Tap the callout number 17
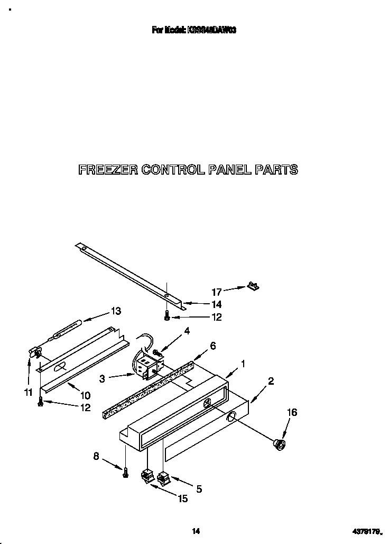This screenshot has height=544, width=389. point(217,291)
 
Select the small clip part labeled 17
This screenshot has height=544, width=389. point(253,286)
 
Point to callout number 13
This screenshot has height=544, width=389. point(115,311)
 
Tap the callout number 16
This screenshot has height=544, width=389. point(292,412)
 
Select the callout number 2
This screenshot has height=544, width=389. point(271,380)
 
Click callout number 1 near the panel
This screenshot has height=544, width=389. point(243,364)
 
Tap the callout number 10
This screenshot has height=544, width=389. point(85,395)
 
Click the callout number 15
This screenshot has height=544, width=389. point(182,498)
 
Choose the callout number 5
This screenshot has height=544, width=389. point(199,489)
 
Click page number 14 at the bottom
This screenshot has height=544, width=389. point(195,531)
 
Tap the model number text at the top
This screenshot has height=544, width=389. point(194,31)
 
